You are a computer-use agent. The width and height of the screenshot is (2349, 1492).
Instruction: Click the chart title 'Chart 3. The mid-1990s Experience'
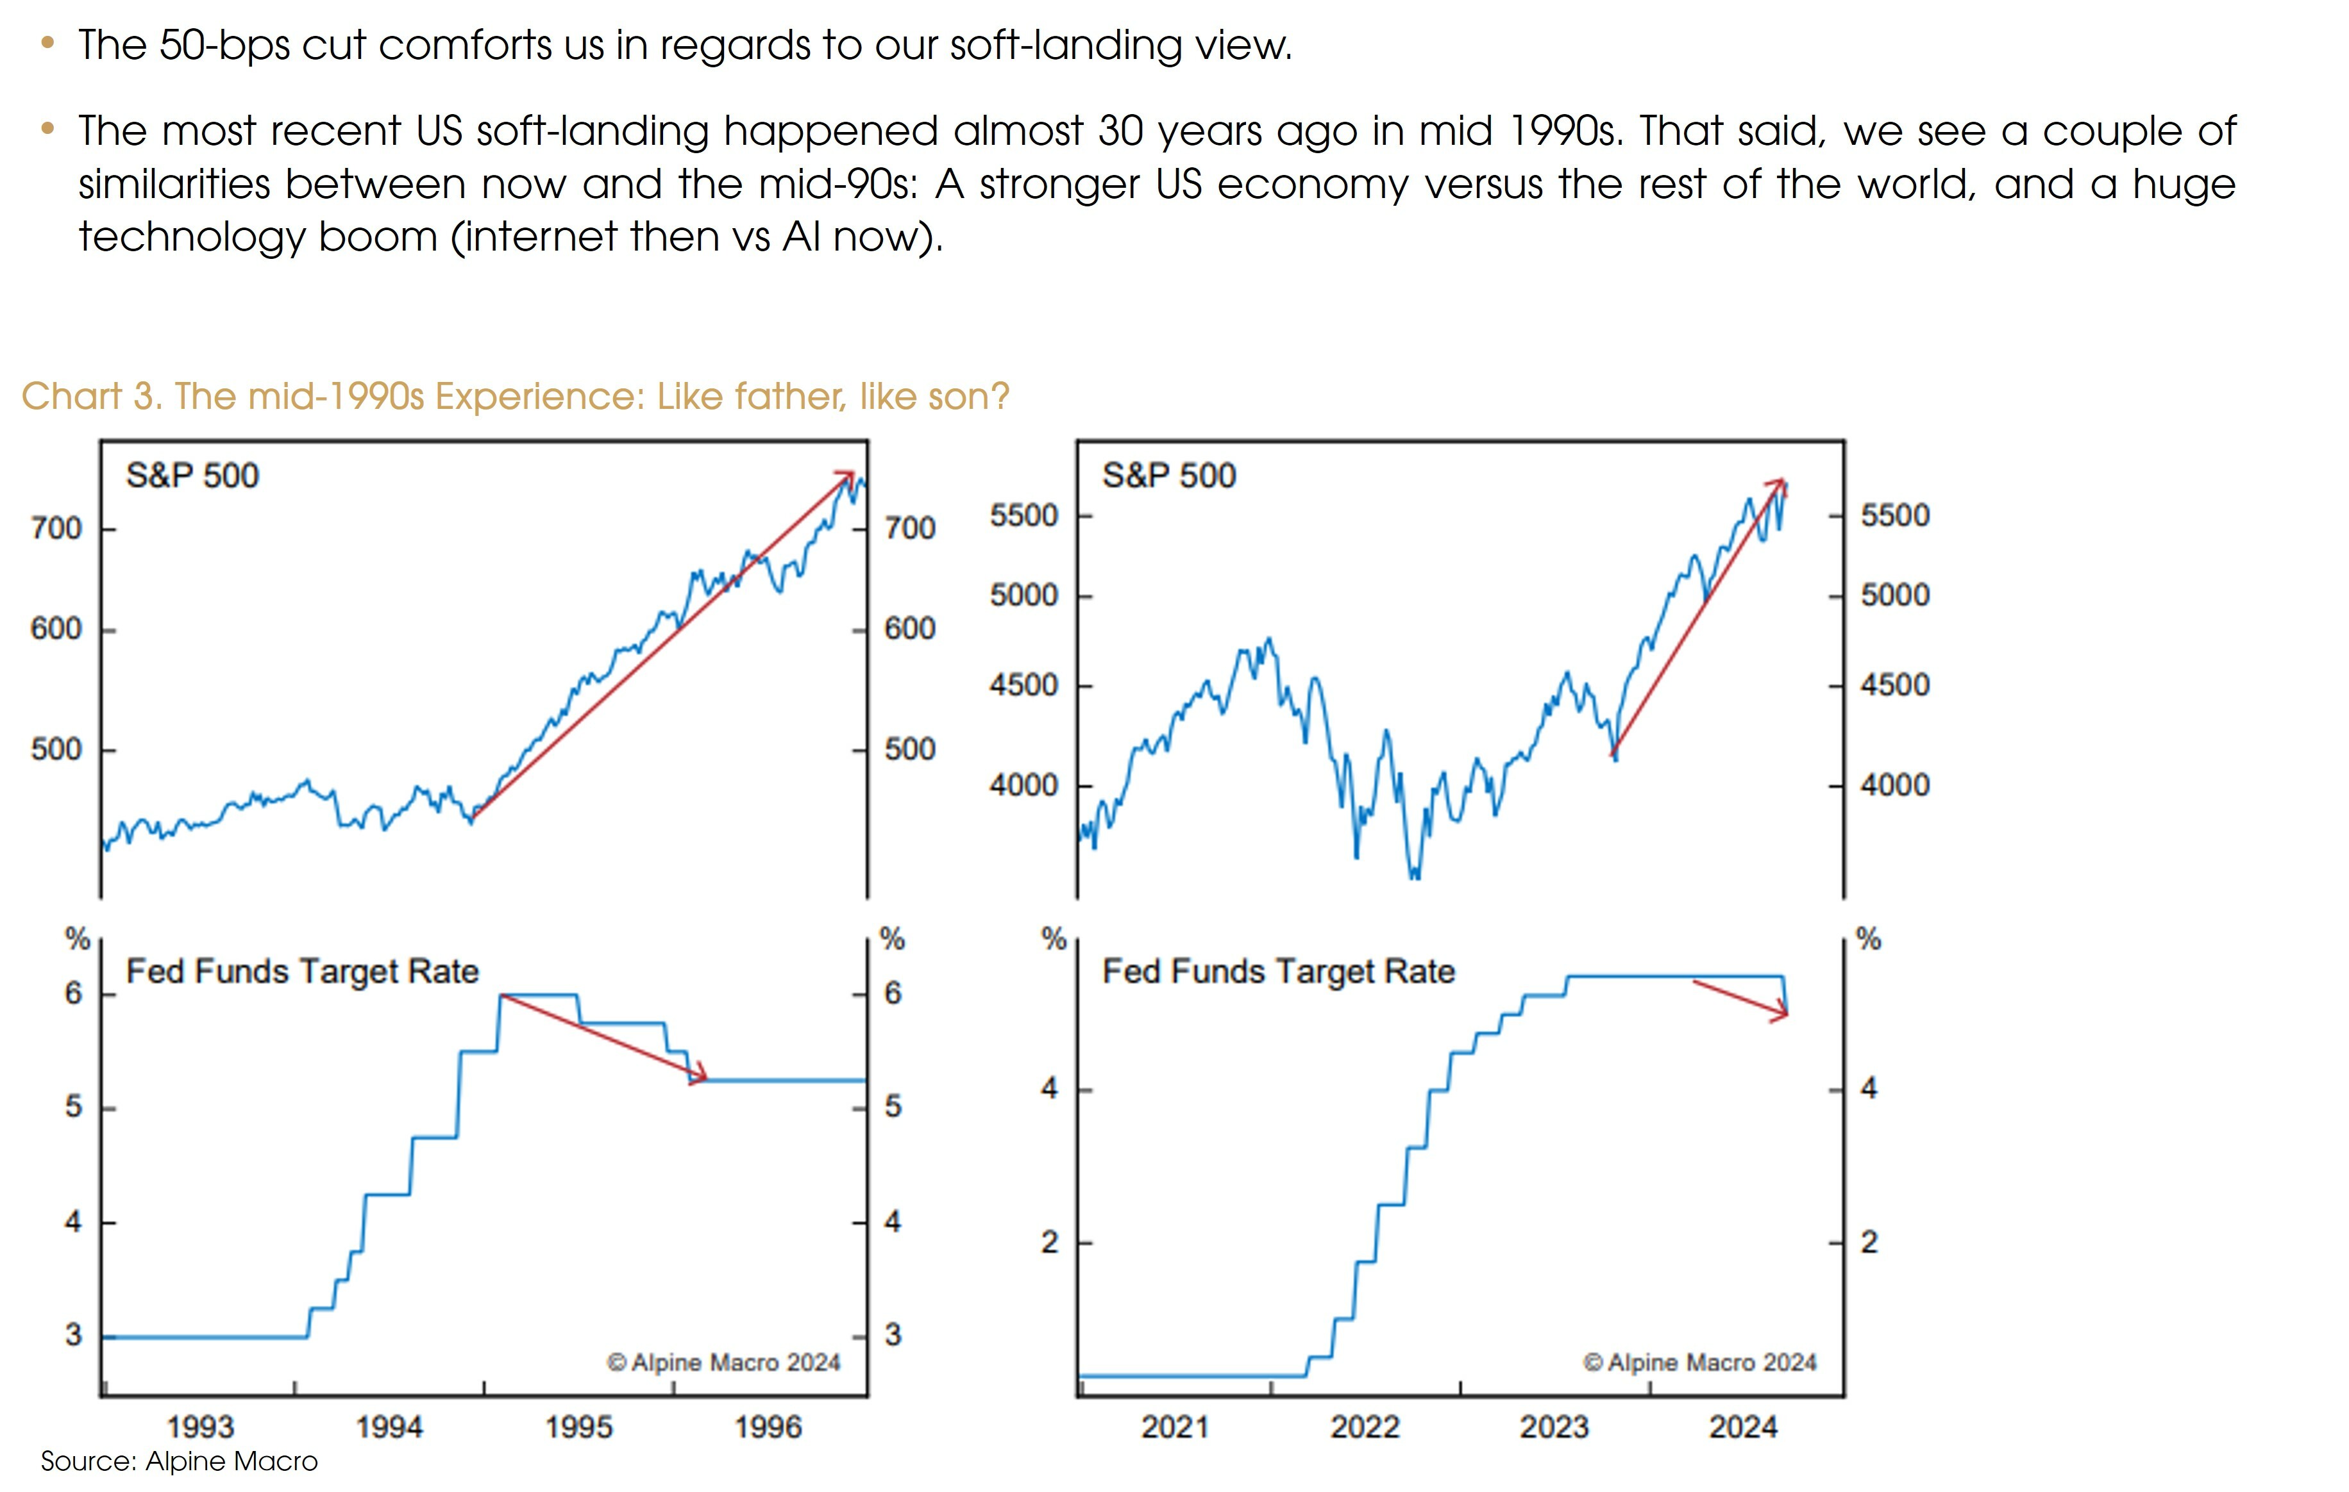(x=515, y=396)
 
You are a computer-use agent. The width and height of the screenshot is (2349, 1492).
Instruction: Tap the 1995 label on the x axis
(x=578, y=1427)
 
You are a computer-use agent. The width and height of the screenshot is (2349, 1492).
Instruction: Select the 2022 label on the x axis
(x=1365, y=1427)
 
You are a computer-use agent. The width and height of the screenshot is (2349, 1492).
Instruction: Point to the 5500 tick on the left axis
(x=1023, y=515)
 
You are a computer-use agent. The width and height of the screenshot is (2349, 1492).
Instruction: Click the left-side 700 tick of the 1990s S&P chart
(x=56, y=529)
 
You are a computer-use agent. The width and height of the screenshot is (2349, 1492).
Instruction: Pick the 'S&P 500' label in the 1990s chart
(x=192, y=476)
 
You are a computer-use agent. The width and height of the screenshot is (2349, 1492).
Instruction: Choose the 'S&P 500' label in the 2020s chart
(x=1168, y=476)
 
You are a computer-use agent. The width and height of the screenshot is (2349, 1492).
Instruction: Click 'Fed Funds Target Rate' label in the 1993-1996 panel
(x=303, y=971)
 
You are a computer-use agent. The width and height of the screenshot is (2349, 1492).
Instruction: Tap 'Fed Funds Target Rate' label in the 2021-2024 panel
(x=1278, y=971)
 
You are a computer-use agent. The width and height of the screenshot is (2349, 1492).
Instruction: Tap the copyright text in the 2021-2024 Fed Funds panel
(x=1699, y=1363)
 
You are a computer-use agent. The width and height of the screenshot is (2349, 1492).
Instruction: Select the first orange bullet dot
(x=47, y=43)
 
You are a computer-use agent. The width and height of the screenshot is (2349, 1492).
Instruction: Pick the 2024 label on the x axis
(x=1743, y=1427)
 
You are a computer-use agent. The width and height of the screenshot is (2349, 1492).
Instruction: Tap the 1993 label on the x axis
(x=200, y=1427)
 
